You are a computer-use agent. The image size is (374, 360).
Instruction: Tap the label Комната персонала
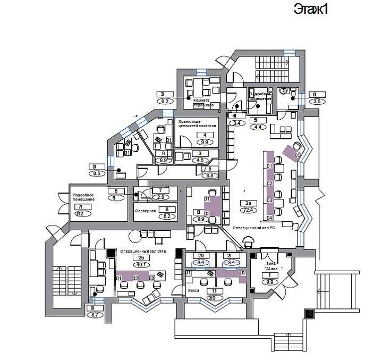[204, 103]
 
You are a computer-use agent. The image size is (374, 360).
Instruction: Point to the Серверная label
[145, 211]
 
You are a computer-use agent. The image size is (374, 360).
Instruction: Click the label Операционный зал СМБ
[142, 250]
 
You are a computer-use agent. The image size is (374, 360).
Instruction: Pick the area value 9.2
[164, 101]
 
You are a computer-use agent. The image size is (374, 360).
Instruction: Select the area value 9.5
[96, 173]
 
